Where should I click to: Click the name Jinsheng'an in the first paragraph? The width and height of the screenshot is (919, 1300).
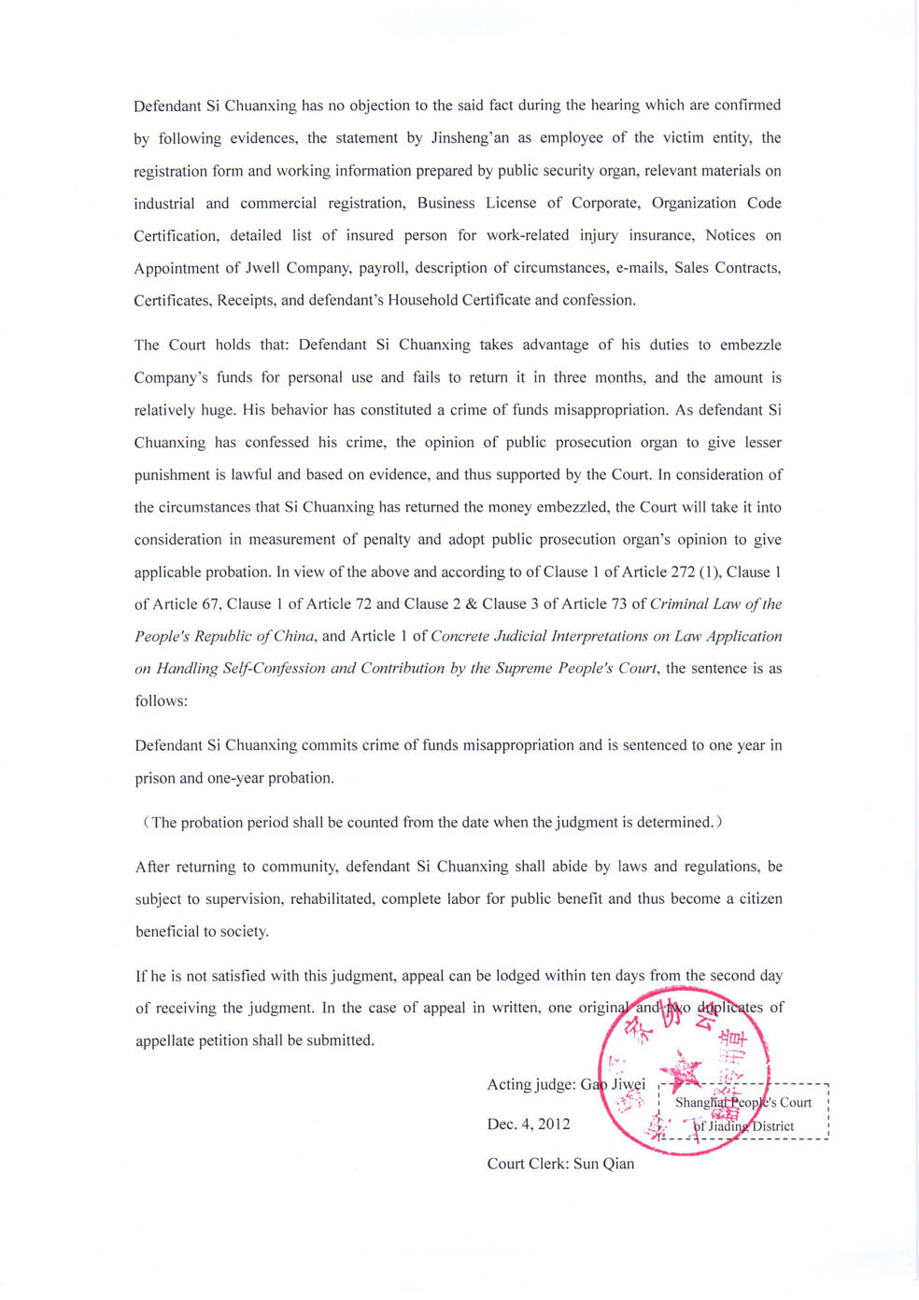pyautogui.click(x=470, y=138)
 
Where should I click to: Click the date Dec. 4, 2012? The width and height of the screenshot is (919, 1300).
pyautogui.click(x=529, y=1123)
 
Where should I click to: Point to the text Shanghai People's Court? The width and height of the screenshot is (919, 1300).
pyautogui.click(x=743, y=1102)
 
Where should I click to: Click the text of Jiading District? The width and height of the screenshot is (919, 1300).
pyautogui.click(x=743, y=1126)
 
